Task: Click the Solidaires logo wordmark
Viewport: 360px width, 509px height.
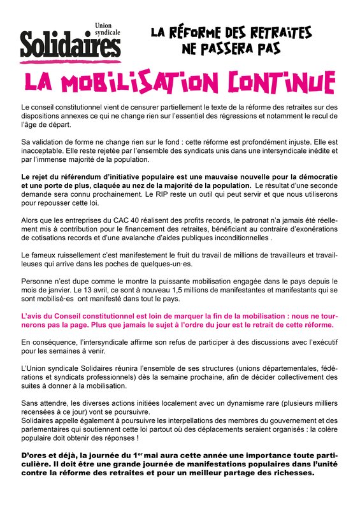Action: (x=70, y=45)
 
